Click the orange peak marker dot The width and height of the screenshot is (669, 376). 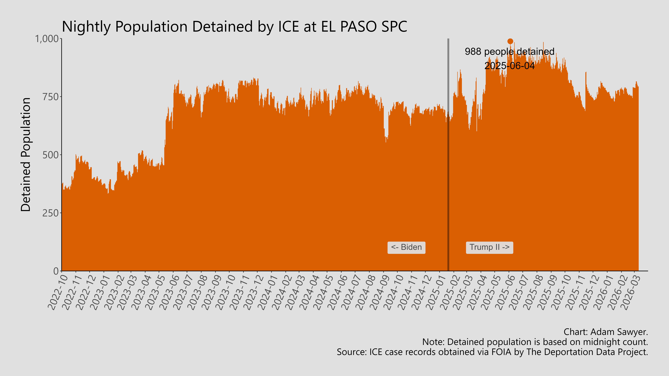coord(510,41)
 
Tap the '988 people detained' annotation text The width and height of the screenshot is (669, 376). coord(510,52)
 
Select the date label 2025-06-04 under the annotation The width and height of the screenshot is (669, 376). coord(510,66)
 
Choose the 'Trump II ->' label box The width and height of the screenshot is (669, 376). coord(489,247)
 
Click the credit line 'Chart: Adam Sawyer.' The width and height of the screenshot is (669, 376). coord(606,332)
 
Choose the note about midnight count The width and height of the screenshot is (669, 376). coord(535,342)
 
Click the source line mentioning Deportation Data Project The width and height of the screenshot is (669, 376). coord(492,352)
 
